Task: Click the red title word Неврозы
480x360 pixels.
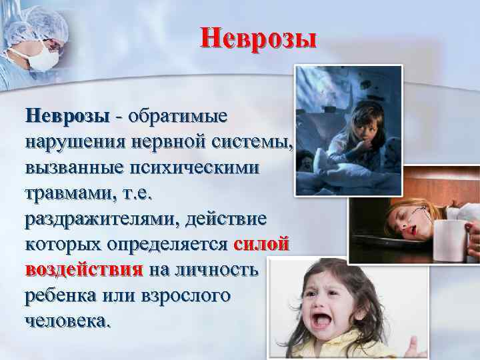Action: (x=259, y=38)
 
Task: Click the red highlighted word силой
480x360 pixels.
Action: (x=261, y=244)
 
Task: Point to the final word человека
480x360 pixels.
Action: (x=65, y=321)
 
